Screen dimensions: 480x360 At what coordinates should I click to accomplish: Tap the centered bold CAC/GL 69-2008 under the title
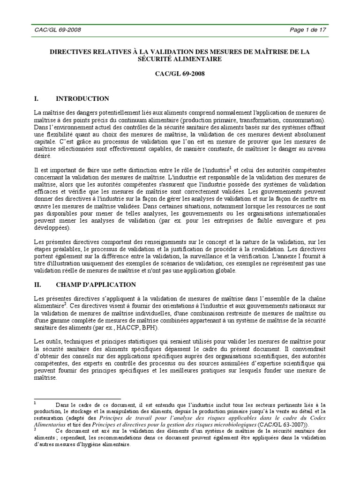(x=180, y=74)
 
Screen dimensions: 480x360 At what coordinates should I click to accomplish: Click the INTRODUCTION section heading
(x=82, y=99)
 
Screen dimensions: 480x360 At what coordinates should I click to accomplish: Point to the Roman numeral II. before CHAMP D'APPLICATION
(x=39, y=285)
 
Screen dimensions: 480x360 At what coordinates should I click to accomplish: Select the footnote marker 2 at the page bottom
(x=35, y=428)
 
